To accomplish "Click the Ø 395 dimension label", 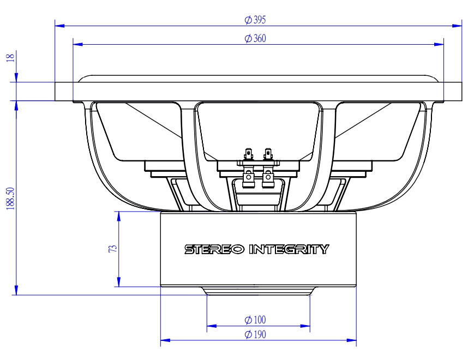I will point(255,20).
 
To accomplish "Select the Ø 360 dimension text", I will point(255,39).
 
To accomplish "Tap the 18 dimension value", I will point(10,58).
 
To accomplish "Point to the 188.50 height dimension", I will point(10,197).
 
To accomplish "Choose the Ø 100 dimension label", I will point(255,320).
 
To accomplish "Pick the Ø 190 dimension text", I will point(255,334).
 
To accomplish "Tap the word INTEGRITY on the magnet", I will point(289,249).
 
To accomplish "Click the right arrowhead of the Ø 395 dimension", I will point(458,26).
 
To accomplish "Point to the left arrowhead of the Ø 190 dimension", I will point(164,340).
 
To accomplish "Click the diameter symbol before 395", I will point(248,20).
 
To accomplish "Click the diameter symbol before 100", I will point(248,320).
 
